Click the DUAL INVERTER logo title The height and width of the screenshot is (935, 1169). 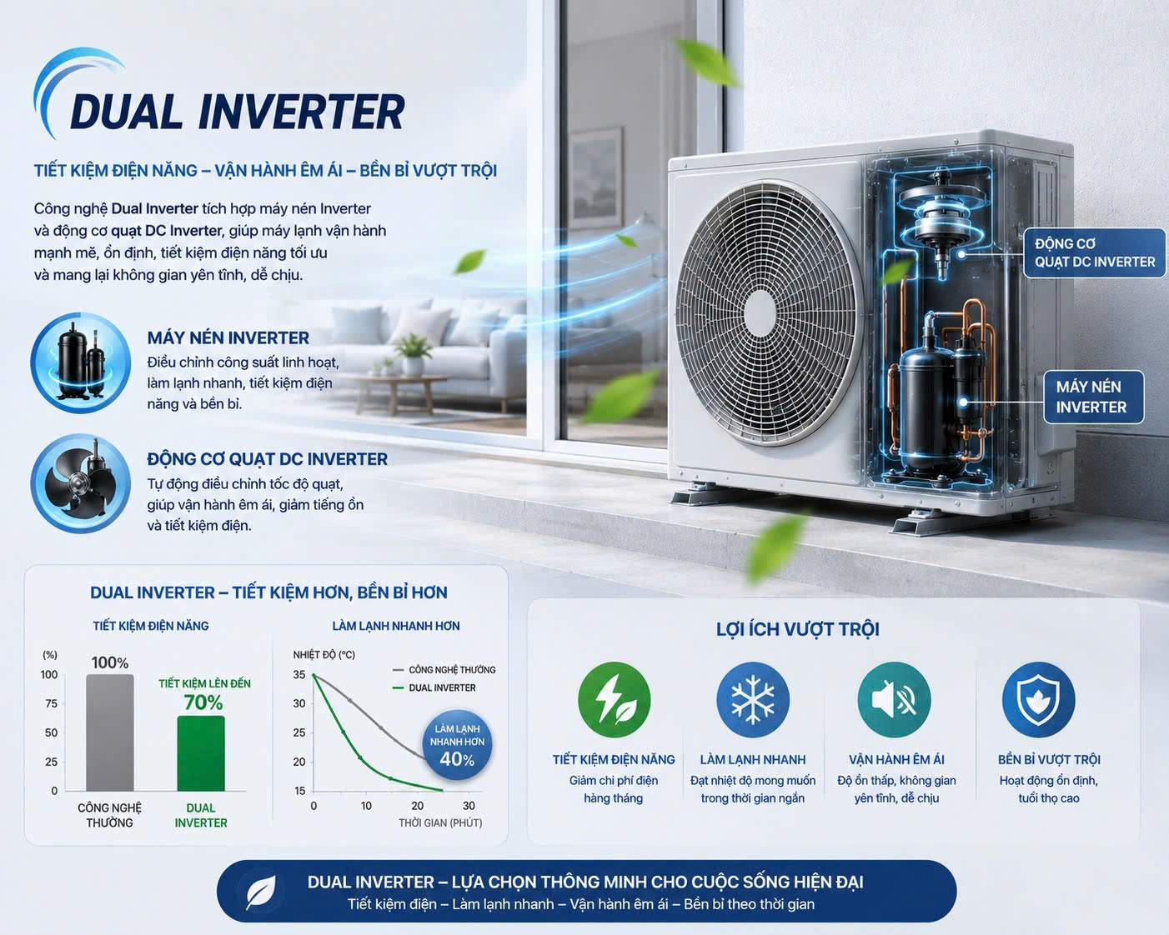(238, 112)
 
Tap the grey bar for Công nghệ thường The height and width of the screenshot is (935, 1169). (110, 732)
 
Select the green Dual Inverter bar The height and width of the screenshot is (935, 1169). (201, 753)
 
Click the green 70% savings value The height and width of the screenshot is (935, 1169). (203, 702)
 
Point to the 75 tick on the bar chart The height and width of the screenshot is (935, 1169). (51, 703)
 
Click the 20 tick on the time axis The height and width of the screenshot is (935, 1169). (417, 806)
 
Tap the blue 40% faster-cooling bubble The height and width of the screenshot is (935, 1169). (458, 745)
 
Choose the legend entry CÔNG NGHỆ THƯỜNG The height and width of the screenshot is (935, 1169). (444, 670)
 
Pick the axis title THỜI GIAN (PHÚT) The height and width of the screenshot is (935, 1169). (440, 822)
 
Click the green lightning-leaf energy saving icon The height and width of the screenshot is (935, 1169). (614, 700)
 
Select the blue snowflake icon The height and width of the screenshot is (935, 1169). (753, 700)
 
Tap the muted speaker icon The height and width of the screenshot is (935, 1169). (894, 700)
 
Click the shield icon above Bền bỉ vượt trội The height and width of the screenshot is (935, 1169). (1039, 700)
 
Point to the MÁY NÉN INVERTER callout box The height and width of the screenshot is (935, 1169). (1094, 397)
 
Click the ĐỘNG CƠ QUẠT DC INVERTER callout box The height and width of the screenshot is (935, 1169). (1095, 253)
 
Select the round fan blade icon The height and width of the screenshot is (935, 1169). (80, 483)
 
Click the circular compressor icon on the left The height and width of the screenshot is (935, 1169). (80, 362)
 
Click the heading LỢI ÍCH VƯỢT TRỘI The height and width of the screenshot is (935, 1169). (797, 629)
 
